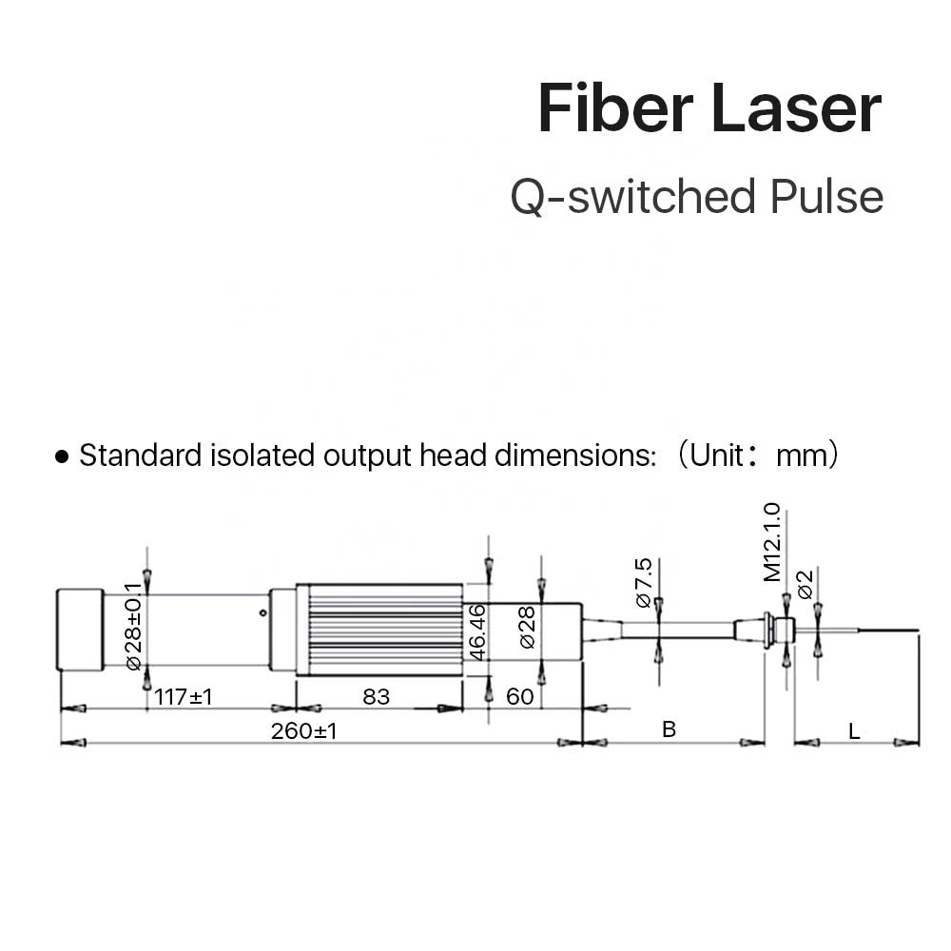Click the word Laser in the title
[797, 108]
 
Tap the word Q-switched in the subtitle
[632, 197]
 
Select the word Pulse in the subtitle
[826, 197]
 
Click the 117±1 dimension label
[184, 697]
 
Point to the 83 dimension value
[376, 697]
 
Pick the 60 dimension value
[520, 697]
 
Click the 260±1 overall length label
[304, 731]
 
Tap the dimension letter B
[669, 729]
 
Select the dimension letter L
[854, 731]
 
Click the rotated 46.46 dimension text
[478, 632]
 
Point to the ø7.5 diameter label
[644, 583]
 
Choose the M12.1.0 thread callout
[772, 542]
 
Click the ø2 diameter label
[805, 585]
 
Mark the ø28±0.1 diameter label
[133, 627]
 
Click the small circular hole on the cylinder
[262, 612]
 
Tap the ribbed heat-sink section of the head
[379, 631]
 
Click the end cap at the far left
[80, 631]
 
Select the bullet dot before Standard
[61, 456]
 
